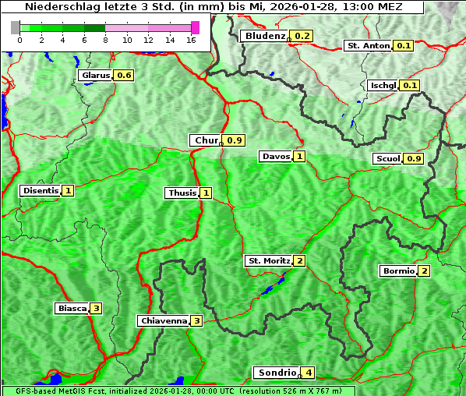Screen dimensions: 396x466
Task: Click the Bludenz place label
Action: pos(264,37)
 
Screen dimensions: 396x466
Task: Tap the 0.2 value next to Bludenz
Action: pos(302,37)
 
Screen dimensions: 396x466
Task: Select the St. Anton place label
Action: pos(367,46)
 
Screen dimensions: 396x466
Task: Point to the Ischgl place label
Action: pos(383,85)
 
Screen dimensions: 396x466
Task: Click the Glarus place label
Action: pos(95,76)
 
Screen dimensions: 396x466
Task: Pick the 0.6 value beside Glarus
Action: pos(124,76)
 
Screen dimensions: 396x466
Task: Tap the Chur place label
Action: pos(206,140)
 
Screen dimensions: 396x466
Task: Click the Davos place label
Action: pos(276,157)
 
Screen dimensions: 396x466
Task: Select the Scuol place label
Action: pos(387,159)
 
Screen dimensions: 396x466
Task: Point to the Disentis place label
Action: pos(41,190)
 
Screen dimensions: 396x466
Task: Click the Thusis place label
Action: pos(182,193)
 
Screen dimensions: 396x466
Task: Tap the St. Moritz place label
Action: pos(268,260)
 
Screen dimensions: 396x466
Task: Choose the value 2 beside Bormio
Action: pos(424,271)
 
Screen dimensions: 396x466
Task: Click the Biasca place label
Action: pos(72,309)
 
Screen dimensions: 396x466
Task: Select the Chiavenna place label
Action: pos(163,320)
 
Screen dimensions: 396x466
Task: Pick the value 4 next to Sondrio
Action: pos(309,373)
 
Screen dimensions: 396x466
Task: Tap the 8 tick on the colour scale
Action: pos(104,40)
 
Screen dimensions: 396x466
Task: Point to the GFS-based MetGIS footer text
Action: pos(177,391)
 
